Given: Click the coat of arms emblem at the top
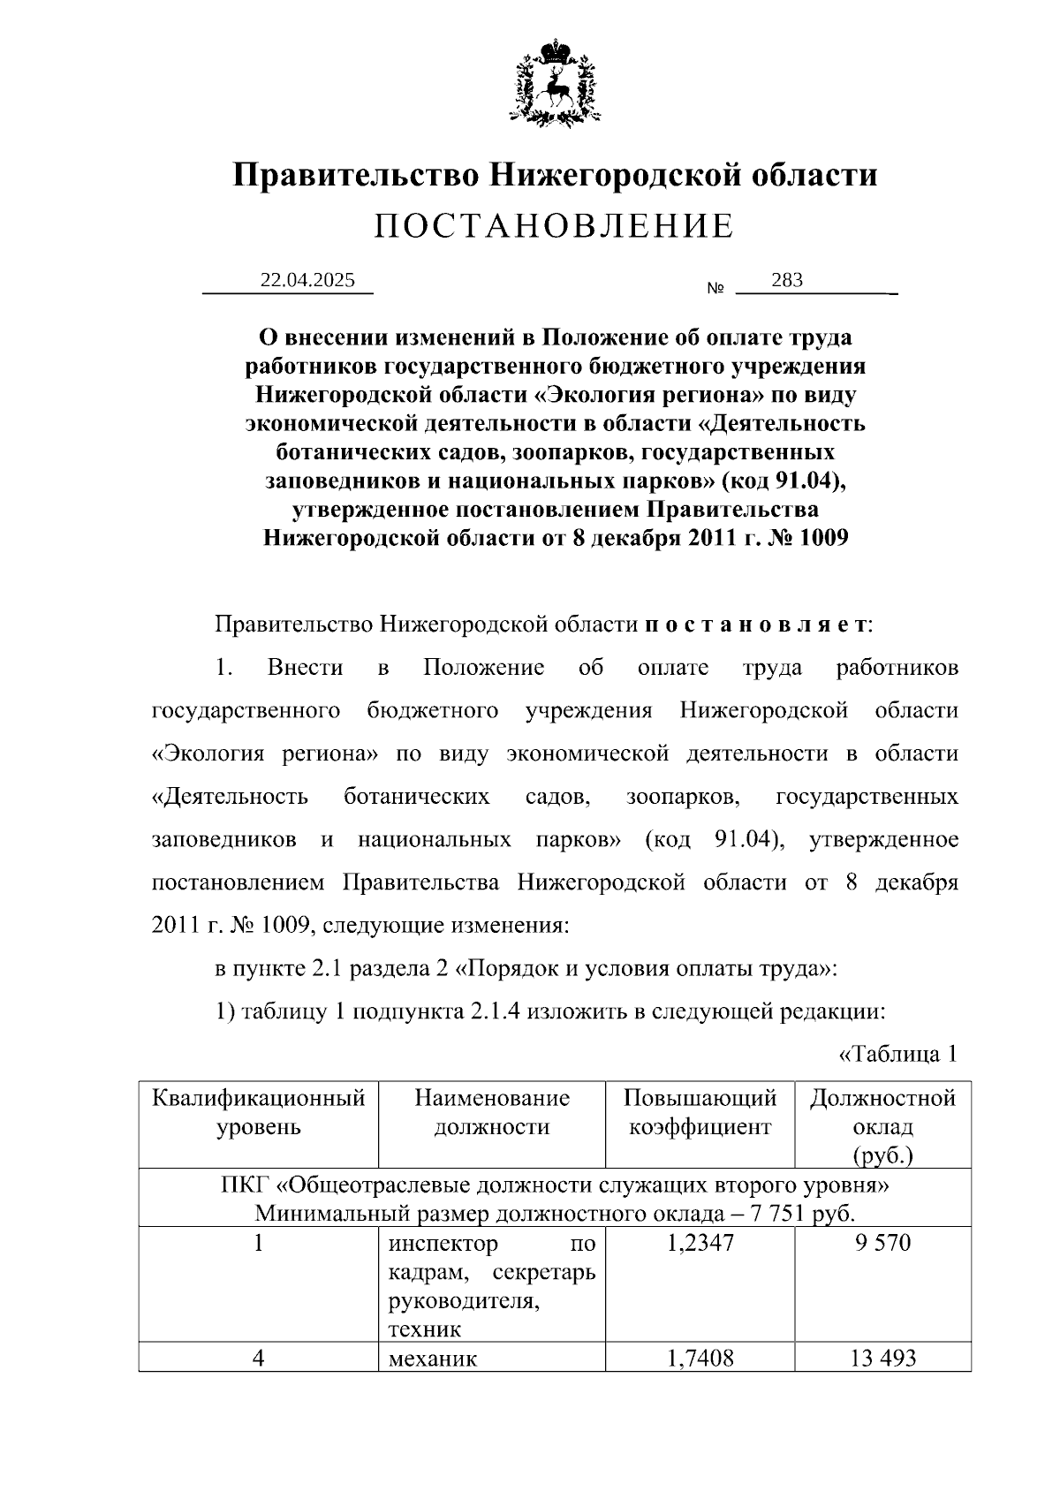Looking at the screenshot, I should [555, 82].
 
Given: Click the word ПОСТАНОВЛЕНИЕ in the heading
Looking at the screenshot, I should [554, 227].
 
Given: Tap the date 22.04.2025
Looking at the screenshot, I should [307, 280].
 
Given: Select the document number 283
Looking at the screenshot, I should [786, 280].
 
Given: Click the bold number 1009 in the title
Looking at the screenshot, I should [823, 538].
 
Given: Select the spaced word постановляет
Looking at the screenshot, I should [756, 625].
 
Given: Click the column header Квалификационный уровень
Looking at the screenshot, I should [258, 1112].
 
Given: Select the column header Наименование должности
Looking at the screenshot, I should [492, 1112].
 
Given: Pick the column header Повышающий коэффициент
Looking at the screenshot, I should [700, 1112].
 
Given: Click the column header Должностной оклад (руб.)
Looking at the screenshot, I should [882, 1126].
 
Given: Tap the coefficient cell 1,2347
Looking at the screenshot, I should [700, 1244].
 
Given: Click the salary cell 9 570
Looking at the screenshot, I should [882, 1244].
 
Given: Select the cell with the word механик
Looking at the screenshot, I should [433, 1359].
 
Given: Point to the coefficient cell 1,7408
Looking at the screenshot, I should [700, 1359].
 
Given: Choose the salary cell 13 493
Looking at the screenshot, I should [882, 1359].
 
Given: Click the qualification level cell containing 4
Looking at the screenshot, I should [258, 1359].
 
